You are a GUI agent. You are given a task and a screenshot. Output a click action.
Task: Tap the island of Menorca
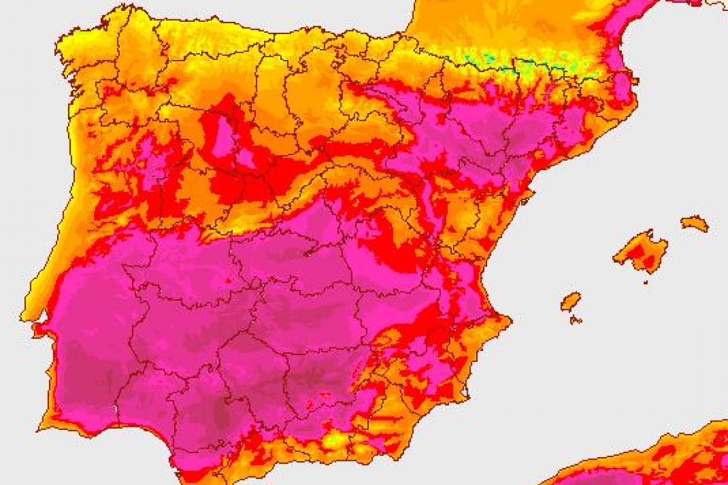[x=695, y=223]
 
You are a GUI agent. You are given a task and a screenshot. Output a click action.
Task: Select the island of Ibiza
[x=570, y=301]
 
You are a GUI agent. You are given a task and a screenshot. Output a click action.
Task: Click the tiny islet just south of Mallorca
[x=645, y=281]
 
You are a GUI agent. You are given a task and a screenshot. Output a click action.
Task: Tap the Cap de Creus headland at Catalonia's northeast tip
[x=635, y=79]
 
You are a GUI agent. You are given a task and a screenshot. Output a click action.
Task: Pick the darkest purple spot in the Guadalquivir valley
[x=221, y=415]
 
